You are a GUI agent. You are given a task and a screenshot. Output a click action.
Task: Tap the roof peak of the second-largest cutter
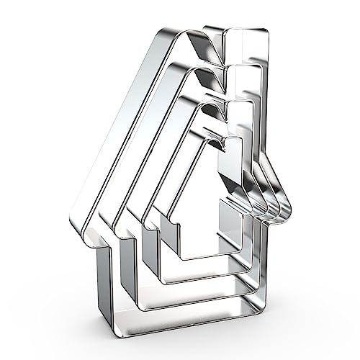point(192,70)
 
